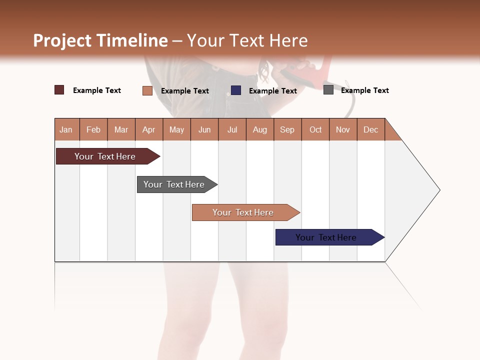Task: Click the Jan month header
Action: [66, 129]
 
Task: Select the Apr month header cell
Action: [149, 129]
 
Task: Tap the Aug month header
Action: [260, 129]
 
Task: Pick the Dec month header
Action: [371, 129]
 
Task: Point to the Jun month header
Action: [204, 129]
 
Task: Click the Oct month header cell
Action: [315, 129]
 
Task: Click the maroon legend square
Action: [59, 90]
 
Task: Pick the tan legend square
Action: [147, 90]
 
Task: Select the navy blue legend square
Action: [236, 90]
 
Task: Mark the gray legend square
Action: [328, 90]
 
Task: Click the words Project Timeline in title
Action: [100, 40]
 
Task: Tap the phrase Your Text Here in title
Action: [247, 40]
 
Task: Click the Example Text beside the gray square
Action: [364, 90]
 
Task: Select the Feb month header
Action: [93, 129]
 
